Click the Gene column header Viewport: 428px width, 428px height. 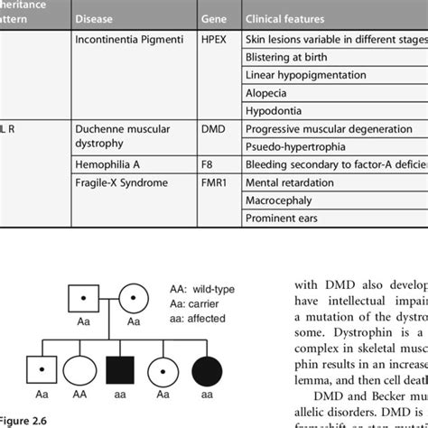[217, 18]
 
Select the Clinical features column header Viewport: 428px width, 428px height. [280, 18]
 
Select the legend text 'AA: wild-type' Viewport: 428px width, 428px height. [201, 290]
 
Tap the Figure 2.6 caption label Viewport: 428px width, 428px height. [20, 421]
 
